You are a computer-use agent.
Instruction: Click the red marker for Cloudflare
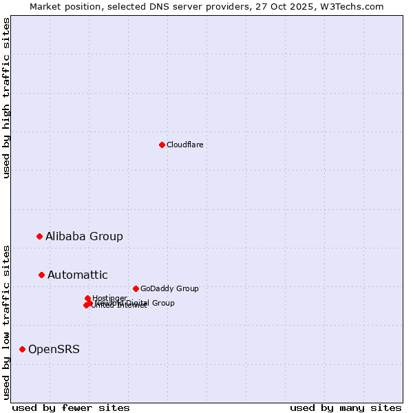[x=162, y=145]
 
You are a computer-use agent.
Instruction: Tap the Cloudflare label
[x=184, y=145]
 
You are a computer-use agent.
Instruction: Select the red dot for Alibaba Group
[x=39, y=236]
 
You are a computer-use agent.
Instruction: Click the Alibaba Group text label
[x=84, y=236]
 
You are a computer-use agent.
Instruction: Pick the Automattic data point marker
[x=41, y=275]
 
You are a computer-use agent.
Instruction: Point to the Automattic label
[x=77, y=275]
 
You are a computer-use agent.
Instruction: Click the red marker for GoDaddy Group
[x=136, y=288]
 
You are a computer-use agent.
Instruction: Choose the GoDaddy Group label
[x=169, y=288]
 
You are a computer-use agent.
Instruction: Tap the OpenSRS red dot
[x=22, y=349]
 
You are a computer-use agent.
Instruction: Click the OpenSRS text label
[x=54, y=349]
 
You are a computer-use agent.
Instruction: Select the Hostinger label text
[x=109, y=297]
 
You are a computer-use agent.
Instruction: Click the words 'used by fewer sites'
[x=71, y=407]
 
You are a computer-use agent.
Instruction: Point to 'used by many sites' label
[x=346, y=407]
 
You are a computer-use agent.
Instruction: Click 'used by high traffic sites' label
[x=6, y=98]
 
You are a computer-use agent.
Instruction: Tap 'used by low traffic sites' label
[x=6, y=322]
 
